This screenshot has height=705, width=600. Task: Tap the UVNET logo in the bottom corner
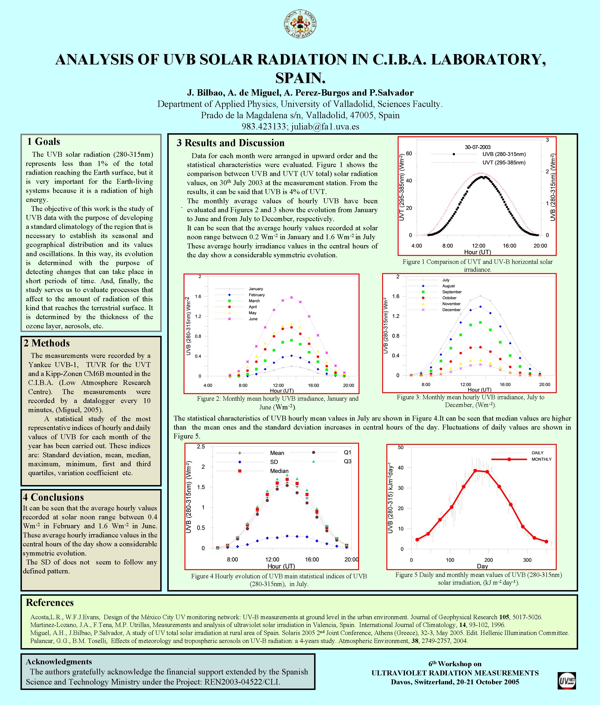pyautogui.click(x=567, y=681)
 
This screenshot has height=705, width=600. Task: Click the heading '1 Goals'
pyautogui.click(x=44, y=142)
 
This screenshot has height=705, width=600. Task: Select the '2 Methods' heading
pyautogui.click(x=47, y=343)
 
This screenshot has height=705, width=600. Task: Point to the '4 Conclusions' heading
pyautogui.click(x=53, y=497)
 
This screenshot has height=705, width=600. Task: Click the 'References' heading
pyautogui.click(x=50, y=602)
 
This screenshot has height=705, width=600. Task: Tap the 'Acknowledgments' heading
pyautogui.click(x=59, y=662)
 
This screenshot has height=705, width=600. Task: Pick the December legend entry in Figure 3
pyautogui.click(x=451, y=310)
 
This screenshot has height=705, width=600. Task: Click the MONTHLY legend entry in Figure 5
pyautogui.click(x=541, y=459)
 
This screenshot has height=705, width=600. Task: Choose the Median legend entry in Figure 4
pyautogui.click(x=279, y=471)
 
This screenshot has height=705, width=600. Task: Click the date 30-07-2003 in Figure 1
pyautogui.click(x=478, y=147)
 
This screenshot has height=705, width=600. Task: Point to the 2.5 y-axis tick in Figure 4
pyautogui.click(x=201, y=447)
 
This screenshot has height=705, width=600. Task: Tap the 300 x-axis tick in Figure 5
pyautogui.click(x=527, y=560)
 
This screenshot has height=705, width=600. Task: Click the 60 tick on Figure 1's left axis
pyautogui.click(x=409, y=153)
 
